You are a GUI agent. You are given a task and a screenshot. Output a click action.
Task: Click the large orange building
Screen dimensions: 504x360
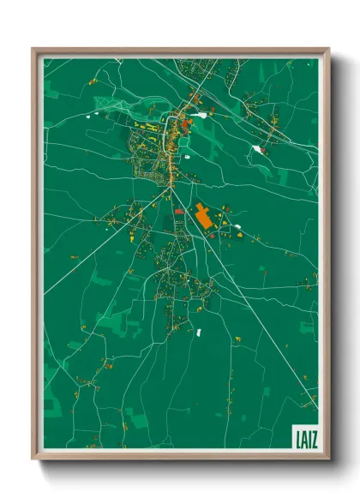coord(203,216)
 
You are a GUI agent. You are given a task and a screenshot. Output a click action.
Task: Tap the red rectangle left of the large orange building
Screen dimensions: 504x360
coord(178,212)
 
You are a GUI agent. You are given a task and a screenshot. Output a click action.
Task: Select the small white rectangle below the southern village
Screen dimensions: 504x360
coord(198,331)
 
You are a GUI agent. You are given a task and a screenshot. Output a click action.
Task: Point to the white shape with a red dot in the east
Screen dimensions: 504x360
coord(258,150)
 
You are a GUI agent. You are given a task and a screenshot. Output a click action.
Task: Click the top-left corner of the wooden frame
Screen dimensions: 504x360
coord(33,50)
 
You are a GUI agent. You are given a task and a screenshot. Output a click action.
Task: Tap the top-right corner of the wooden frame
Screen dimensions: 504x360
coord(327,50)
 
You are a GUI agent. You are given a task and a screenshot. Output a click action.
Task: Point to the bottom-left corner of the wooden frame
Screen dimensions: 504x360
coord(33,458)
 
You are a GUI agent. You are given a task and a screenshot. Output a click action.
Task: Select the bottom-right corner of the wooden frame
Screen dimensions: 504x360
coord(327,458)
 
